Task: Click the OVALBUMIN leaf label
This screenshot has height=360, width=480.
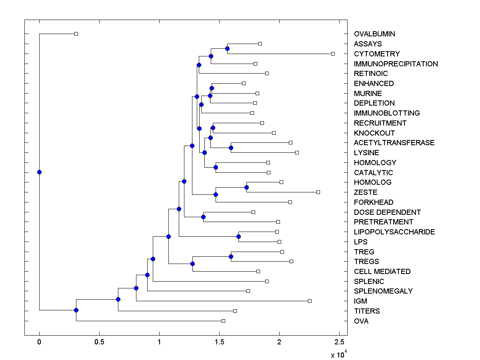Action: (374, 34)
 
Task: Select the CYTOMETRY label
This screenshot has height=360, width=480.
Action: (377, 54)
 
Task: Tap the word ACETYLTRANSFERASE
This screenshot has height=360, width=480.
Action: (394, 143)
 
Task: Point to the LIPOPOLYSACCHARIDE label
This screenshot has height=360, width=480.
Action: (394, 232)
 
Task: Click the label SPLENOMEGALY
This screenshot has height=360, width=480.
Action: (383, 291)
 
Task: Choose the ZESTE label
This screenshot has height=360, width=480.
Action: (366, 192)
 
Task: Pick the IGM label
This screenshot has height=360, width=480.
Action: (360, 301)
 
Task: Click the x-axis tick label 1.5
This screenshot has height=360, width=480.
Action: (219, 342)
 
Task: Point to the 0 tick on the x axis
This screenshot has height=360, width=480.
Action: (39, 342)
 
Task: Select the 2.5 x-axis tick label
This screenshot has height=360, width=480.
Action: (339, 342)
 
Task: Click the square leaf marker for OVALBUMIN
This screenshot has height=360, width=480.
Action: (76, 34)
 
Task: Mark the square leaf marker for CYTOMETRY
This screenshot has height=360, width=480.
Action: (333, 54)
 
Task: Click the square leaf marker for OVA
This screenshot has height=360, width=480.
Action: (223, 321)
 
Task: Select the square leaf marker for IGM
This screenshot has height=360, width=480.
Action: (310, 301)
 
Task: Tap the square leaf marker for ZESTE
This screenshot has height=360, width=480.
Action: (318, 192)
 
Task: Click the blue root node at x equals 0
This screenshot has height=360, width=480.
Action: (39, 172)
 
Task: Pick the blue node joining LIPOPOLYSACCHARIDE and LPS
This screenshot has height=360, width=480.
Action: (238, 237)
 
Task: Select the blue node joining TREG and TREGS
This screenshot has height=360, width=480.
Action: (231, 256)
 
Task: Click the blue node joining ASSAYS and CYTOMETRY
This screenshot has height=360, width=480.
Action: (227, 49)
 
